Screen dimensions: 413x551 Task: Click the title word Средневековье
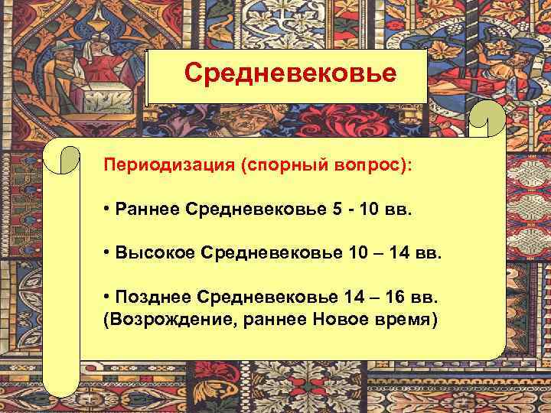pos(290,74)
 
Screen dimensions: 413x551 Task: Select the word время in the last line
pos(406,317)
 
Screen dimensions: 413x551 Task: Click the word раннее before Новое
pos(275,317)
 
